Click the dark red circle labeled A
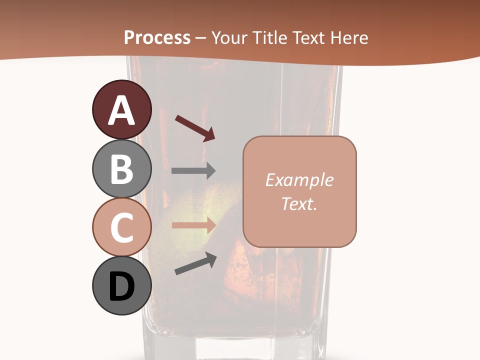pos(121,109)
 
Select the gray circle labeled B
pos(121,168)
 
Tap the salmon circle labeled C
pos(121,227)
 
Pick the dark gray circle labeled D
pos(121,285)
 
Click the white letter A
pos(122,110)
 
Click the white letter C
pos(122,227)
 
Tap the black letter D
pos(122,286)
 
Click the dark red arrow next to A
pos(195,128)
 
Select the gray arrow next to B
pos(193,171)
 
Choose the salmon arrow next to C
pos(193,225)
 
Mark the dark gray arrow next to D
pos(195,263)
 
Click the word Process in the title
pos(157,37)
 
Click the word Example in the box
pos(299,180)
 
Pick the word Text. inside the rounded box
pos(299,203)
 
